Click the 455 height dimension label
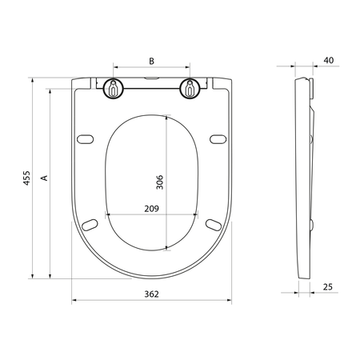tap(26, 178)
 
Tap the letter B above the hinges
tap(151, 61)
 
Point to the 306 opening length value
tap(159, 182)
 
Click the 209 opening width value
tap(151, 209)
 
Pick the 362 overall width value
tap(151, 294)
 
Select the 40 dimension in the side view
tap(329, 60)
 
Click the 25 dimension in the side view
tap(328, 287)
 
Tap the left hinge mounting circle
tap(114, 88)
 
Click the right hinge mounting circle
tap(190, 88)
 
